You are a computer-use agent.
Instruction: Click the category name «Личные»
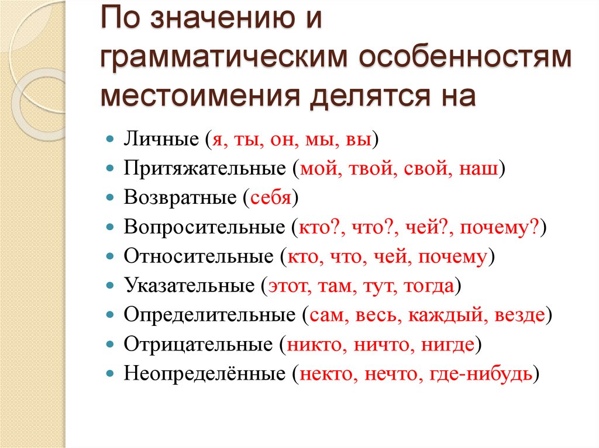160,141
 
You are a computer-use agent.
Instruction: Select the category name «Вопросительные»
203,228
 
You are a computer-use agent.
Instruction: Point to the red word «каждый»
450,315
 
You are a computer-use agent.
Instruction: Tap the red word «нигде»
447,345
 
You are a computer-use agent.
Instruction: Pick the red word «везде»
519,315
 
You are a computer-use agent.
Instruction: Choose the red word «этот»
284,286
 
